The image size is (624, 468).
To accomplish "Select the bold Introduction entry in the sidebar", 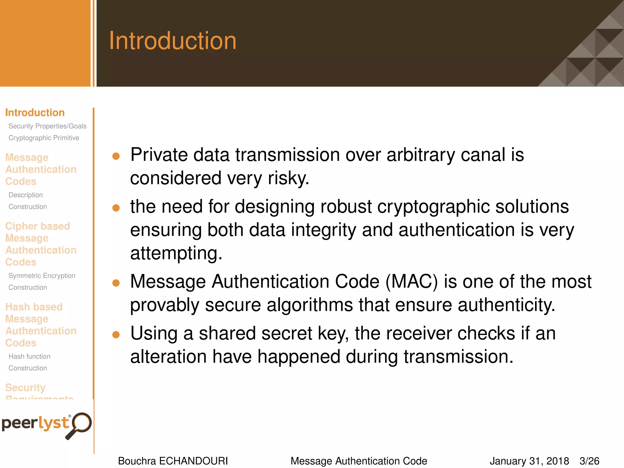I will pyautogui.click(x=35, y=113).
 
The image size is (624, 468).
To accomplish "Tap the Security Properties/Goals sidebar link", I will pyautogui.click(x=47, y=126).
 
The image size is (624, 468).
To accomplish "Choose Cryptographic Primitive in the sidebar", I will pyautogui.click(x=44, y=138).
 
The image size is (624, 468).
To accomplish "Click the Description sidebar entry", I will pyautogui.click(x=26, y=195).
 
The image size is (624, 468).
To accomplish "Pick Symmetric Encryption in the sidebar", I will pyautogui.click(x=42, y=276).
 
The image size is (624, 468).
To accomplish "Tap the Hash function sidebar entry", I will pyautogui.click(x=29, y=356).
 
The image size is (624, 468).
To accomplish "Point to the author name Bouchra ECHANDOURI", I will pyautogui.click(x=173, y=461).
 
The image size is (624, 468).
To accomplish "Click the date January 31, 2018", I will pyautogui.click(x=529, y=461).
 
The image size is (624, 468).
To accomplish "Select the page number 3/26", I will pyautogui.click(x=589, y=461).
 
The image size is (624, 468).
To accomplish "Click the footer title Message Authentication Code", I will pyautogui.click(x=359, y=461).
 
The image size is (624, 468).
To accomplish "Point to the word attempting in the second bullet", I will pyautogui.click(x=176, y=253).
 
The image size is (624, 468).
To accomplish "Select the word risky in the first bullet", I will pyautogui.click(x=288, y=178).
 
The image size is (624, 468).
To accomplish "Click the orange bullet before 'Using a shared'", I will pyautogui.click(x=116, y=335).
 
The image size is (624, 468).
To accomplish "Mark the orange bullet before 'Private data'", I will pyautogui.click(x=116, y=156).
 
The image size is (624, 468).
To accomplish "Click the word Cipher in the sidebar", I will pyautogui.click(x=22, y=226).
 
